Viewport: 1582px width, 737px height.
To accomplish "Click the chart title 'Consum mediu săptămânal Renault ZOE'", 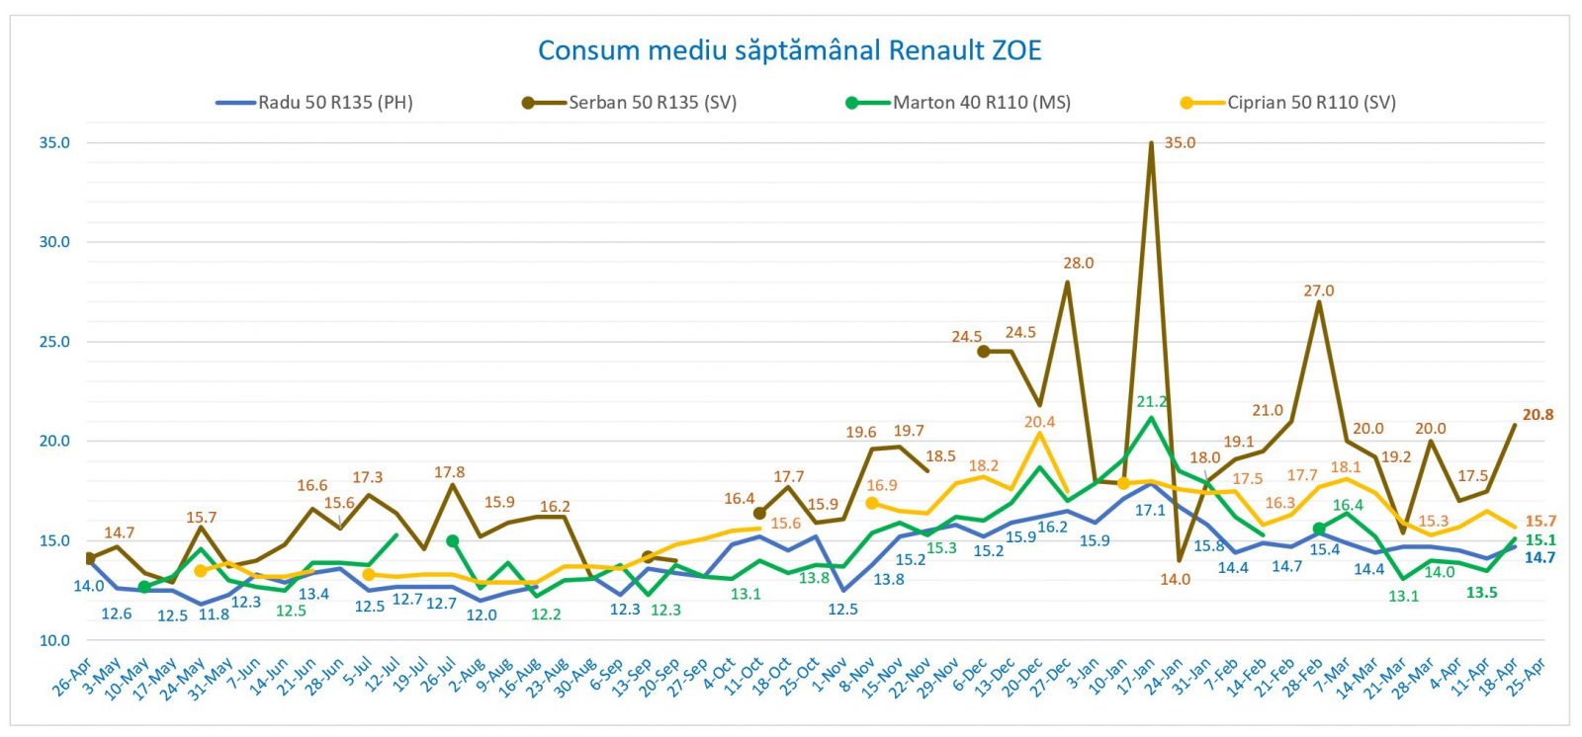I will pos(789,50).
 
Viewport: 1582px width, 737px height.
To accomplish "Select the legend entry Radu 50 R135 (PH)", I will pos(334,102).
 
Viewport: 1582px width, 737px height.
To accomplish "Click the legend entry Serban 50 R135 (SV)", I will pos(652,102).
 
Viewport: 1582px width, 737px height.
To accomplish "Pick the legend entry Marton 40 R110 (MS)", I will pos(981,102).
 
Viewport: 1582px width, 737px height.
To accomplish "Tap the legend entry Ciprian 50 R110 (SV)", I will pos(1310,102).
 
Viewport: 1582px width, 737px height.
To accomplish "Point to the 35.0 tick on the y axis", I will pos(54,142).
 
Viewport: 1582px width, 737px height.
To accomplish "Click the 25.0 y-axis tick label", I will pos(54,342).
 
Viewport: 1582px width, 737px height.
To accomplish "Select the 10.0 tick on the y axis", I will pos(54,640).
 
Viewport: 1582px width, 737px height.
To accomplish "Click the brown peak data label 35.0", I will pos(1180,143).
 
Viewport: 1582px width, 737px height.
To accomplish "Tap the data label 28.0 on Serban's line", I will pos(1078,263).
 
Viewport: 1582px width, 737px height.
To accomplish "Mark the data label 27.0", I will pos(1318,290).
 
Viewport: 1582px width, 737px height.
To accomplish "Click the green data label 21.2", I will pos(1152,401).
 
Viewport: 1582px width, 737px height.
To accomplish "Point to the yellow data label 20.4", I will pos(1039,422).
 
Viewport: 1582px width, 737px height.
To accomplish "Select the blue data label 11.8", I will pos(214,614).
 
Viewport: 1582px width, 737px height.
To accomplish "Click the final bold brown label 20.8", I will pos(1538,415).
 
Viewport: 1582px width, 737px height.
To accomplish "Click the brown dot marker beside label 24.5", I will pos(983,351).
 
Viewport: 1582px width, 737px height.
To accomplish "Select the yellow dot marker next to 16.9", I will pos(871,503).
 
